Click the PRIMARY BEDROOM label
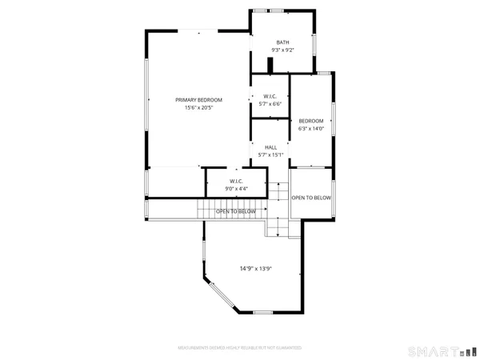(198, 99)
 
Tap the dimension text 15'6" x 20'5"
(198, 107)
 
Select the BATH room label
(282, 42)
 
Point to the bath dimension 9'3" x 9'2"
(282, 50)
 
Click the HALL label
(270, 147)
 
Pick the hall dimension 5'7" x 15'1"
(270, 154)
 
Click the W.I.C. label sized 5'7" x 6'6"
(270, 96)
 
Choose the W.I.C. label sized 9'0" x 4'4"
(236, 181)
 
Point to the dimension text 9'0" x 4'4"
(236, 189)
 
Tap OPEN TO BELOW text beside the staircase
(236, 211)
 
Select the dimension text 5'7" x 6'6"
(270, 104)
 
